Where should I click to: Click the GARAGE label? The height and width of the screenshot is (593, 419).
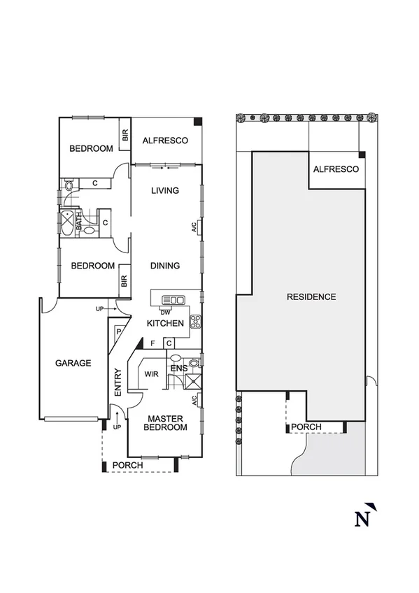[73, 363]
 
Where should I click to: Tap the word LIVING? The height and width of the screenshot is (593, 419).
[166, 190]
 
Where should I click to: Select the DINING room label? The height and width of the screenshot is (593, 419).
[165, 266]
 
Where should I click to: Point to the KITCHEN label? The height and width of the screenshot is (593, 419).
[165, 323]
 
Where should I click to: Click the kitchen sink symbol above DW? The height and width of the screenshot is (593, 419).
[173, 300]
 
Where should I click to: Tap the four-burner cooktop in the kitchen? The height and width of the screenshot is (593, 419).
[196, 322]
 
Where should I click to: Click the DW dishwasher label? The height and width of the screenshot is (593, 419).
[165, 312]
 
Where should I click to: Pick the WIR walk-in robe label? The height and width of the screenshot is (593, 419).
[152, 374]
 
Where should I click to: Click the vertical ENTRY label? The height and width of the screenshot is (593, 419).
[118, 383]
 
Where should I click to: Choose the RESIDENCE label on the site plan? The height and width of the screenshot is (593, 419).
[311, 296]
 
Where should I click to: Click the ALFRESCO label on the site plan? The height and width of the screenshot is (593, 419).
[336, 170]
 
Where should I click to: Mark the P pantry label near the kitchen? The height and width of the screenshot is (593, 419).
[119, 332]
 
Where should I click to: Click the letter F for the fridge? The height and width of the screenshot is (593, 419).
[153, 343]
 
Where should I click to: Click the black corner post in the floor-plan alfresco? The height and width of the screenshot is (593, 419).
[198, 122]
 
